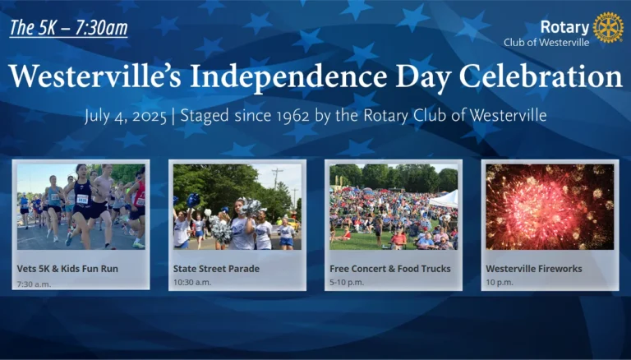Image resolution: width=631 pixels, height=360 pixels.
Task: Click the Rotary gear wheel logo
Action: coord(608,27)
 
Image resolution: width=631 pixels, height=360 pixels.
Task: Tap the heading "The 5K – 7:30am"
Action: coord(68,28)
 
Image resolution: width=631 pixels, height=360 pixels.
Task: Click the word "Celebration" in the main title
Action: coord(541,76)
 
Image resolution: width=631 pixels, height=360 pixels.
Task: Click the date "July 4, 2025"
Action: coord(126,117)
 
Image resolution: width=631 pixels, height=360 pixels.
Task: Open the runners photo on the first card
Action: coord(81,206)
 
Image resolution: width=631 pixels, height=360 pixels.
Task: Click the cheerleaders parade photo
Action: coord(237,206)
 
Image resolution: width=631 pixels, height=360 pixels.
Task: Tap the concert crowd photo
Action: coord(394,206)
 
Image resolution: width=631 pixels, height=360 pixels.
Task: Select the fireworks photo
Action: coord(550,206)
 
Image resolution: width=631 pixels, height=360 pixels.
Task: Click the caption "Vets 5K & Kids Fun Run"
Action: coord(67,269)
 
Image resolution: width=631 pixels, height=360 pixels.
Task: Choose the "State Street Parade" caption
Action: coord(217,269)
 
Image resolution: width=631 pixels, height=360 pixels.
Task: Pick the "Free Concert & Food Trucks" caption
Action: coord(390,269)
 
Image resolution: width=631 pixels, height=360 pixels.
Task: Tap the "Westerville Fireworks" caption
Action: coord(534,269)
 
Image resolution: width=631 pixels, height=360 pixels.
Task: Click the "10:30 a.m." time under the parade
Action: coord(192,282)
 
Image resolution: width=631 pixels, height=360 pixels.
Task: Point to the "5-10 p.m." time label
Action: coord(347,282)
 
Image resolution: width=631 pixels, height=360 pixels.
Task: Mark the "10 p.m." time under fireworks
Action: coord(500,282)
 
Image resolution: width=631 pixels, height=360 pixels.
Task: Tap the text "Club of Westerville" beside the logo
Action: coord(546,42)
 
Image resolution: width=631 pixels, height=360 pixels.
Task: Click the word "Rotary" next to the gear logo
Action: coord(565,27)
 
